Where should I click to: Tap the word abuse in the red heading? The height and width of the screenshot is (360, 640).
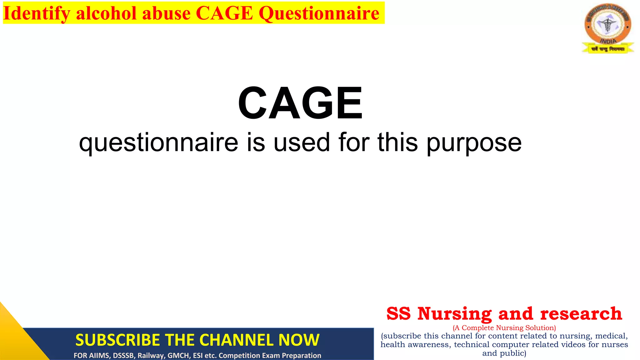[166, 13]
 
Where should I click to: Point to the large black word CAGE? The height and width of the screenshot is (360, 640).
[300, 103]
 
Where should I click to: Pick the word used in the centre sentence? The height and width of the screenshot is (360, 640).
[302, 142]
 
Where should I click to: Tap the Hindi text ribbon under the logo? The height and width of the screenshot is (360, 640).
[608, 49]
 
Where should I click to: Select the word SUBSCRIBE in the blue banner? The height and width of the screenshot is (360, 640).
[117, 340]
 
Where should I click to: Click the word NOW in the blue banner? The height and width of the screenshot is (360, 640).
[299, 340]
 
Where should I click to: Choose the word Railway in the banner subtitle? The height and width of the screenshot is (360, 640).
[151, 356]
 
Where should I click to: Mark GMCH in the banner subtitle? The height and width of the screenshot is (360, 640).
[178, 356]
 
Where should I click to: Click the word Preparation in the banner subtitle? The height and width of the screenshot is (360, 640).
[301, 356]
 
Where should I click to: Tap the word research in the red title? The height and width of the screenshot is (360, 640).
[581, 313]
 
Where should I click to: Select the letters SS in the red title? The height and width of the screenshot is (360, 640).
[398, 313]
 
